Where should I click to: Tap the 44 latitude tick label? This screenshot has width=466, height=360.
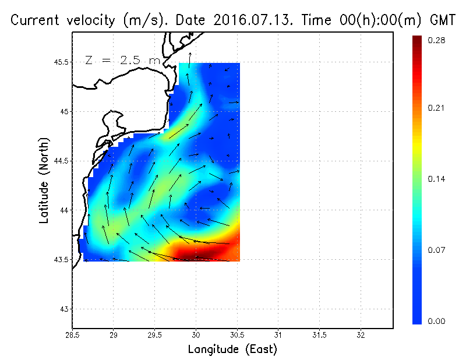[65, 210]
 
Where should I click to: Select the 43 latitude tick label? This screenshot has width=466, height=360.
[65, 309]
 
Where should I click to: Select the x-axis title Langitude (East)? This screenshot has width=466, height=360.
[232, 349]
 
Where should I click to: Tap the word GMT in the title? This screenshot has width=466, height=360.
[442, 20]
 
